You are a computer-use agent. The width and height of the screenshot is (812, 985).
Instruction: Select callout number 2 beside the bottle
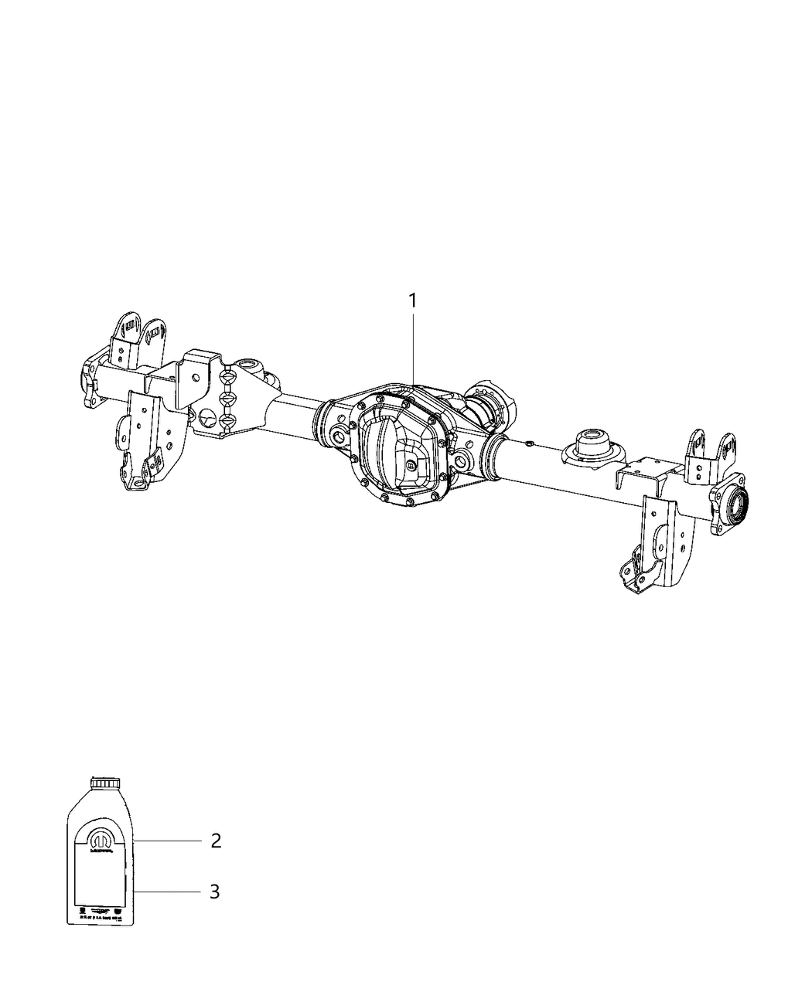(x=216, y=841)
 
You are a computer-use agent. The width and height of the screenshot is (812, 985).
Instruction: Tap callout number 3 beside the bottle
(x=215, y=892)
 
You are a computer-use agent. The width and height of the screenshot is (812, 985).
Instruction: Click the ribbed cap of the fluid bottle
(x=101, y=783)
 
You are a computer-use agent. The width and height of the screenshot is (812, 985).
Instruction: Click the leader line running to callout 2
(x=165, y=840)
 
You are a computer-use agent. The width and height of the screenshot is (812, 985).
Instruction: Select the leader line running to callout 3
(x=165, y=892)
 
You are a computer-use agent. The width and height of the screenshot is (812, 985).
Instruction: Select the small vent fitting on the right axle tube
(x=527, y=443)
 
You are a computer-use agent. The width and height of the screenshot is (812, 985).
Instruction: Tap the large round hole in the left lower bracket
(x=206, y=419)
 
